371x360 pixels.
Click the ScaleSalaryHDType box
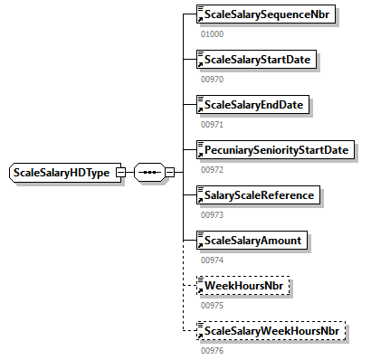coord(62,172)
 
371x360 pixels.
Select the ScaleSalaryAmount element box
coord(252,240)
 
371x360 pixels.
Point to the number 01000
coord(211,33)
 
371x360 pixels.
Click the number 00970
coord(211,79)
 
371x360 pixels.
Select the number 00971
coord(211,124)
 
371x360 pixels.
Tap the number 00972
coord(211,169)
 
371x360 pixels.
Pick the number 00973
coord(211,214)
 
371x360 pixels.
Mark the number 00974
coord(211,260)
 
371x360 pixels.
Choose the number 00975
coord(211,305)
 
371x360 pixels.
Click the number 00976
coord(211,350)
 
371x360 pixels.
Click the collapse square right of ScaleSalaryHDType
coord(120,172)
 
